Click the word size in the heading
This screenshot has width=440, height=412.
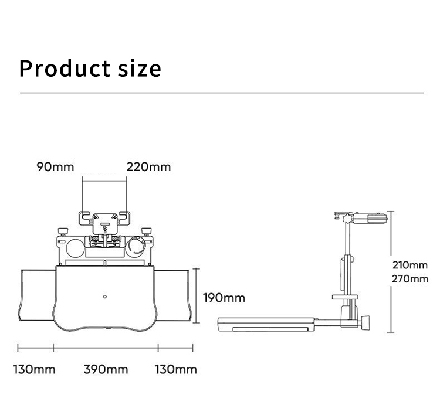click(138, 68)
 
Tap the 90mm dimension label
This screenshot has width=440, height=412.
click(56, 166)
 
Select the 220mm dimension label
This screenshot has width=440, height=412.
click(148, 166)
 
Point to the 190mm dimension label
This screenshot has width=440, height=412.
click(224, 298)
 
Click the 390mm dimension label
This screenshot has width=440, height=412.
click(106, 369)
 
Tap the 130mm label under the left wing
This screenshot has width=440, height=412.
click(35, 369)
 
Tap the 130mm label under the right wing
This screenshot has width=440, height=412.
click(176, 369)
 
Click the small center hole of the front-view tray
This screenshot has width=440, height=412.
click(104, 296)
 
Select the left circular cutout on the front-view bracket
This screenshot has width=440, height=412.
click(75, 247)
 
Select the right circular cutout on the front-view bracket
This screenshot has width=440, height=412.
click(137, 245)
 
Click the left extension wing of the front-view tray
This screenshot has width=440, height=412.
click(36, 297)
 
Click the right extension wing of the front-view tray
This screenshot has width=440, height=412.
click(174, 297)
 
